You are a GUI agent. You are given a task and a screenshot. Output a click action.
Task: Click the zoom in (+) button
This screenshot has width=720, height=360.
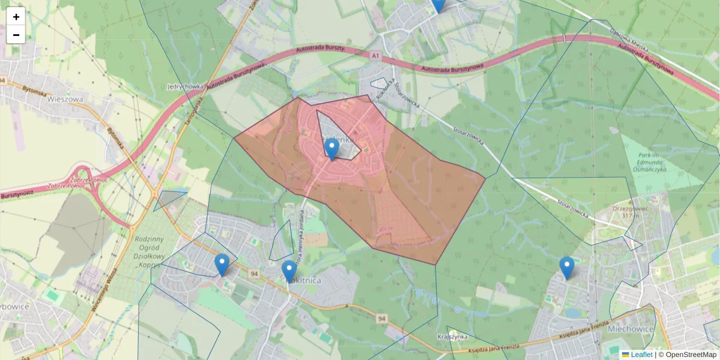[x=16, y=17]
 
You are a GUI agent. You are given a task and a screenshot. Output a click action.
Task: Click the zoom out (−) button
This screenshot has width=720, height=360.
[x=16, y=35]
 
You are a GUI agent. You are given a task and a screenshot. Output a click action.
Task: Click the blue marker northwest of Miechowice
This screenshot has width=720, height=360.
[x=566, y=268]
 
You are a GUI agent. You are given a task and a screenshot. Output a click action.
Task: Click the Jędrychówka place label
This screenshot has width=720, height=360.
[x=186, y=86]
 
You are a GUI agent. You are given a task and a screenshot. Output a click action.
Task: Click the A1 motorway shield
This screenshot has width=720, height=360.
[x=376, y=56]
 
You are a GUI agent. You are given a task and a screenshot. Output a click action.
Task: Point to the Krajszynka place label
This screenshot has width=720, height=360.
[x=452, y=337]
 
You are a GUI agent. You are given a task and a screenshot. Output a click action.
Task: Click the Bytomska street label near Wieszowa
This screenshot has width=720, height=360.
[x=34, y=91]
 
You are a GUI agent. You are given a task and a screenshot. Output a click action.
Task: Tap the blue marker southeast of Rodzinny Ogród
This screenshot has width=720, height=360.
[x=222, y=264]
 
